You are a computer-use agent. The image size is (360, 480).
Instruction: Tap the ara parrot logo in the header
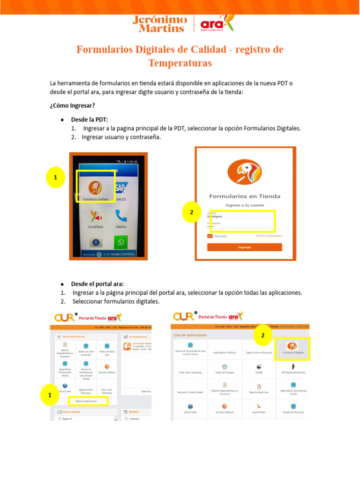tap(216, 23)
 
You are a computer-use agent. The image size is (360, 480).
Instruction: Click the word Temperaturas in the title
tap(180, 63)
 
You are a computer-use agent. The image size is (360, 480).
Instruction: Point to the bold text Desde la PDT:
tap(89, 120)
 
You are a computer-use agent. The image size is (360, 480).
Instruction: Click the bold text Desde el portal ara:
tap(97, 284)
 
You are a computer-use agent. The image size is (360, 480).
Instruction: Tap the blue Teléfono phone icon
tap(121, 217)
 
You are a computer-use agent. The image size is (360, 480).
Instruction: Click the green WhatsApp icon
tap(121, 242)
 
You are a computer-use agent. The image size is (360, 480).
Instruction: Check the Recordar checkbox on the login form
tap(210, 236)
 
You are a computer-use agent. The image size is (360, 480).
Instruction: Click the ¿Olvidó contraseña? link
tap(269, 236)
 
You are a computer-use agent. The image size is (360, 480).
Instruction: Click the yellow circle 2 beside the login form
tap(191, 213)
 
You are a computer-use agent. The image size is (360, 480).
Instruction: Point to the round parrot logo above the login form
tap(244, 172)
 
